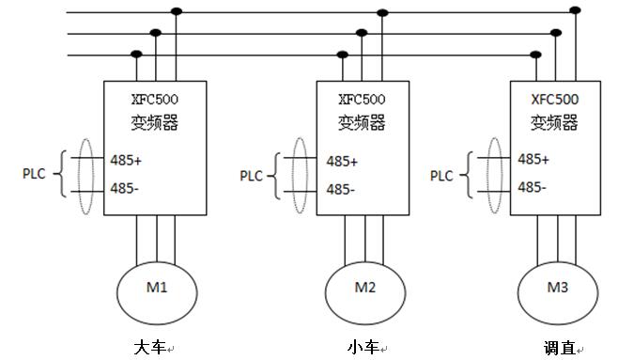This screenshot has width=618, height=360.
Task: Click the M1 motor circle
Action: (158, 289)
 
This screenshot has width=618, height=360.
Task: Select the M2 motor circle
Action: (365, 289)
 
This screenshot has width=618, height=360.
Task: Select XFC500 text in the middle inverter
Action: (362, 99)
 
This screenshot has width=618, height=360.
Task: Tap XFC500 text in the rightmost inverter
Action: (554, 98)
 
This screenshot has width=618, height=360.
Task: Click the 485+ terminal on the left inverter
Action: (126, 160)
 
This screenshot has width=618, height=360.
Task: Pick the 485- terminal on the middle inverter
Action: (341, 189)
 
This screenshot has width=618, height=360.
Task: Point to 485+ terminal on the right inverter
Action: (533, 159)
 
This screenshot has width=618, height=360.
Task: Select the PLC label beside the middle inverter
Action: (252, 175)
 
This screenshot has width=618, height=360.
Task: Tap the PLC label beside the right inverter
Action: (442, 175)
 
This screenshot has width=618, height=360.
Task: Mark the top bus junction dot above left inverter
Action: (176, 12)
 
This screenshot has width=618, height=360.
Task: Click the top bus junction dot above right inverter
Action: (576, 10)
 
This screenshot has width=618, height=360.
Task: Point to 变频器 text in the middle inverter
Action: (362, 123)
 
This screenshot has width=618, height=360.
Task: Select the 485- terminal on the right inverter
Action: (533, 187)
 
